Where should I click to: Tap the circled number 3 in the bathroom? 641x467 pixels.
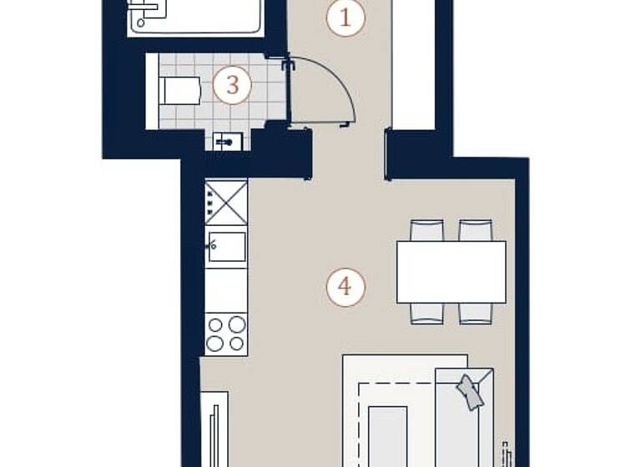[232, 85]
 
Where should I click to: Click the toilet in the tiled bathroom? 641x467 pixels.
[179, 91]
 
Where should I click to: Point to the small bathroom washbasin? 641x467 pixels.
[225, 142]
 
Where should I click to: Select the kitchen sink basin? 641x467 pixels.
[227, 247]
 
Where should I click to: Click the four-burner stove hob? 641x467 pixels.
[226, 334]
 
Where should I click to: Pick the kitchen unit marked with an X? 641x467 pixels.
[227, 203]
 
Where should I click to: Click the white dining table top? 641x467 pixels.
[451, 272]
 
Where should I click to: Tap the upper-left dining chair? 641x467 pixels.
[426, 230]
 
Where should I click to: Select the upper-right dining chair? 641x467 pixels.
[475, 230]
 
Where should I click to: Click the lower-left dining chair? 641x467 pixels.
[426, 314]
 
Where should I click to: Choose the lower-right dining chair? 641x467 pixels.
[475, 314]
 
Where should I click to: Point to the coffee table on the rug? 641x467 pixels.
[387, 434]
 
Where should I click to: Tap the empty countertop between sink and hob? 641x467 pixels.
[227, 289]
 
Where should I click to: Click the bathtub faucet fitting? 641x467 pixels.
[144, 10]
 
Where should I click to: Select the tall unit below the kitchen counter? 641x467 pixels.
[215, 429]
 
